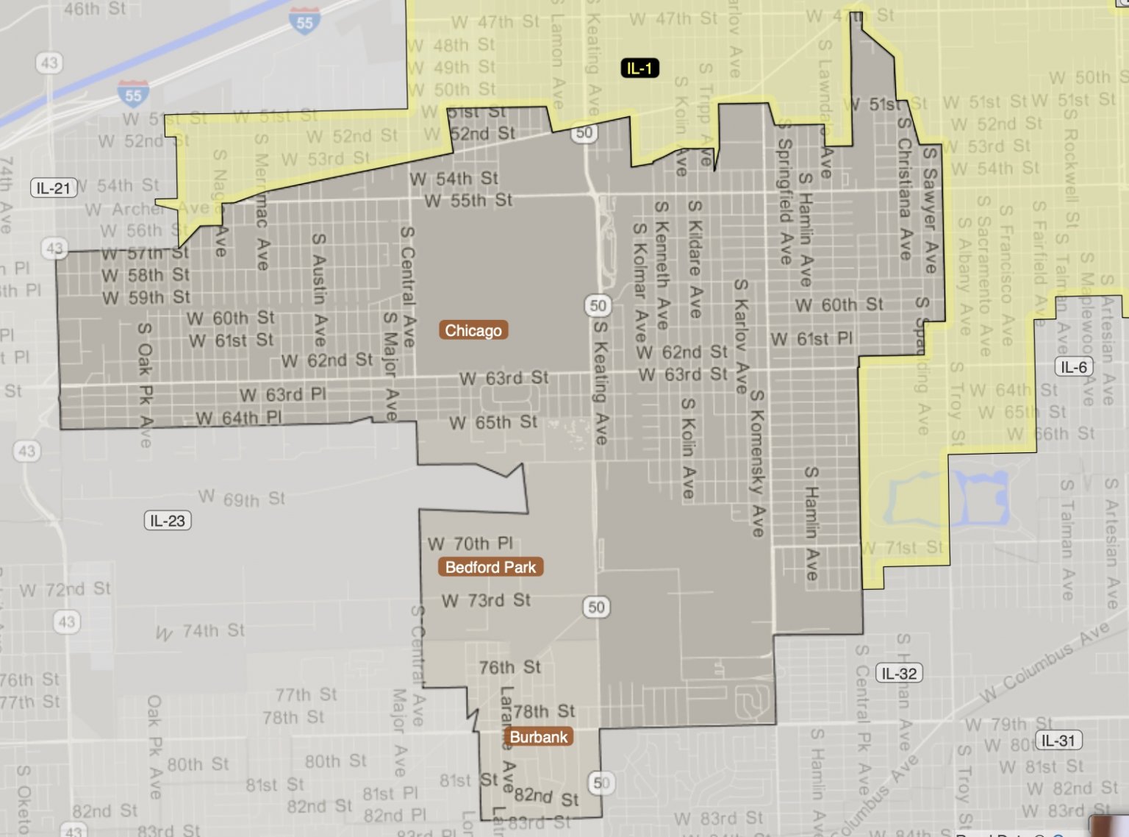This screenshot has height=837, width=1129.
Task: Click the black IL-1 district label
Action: pyautogui.click(x=639, y=68)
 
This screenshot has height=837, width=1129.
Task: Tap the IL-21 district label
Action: pyautogui.click(x=54, y=188)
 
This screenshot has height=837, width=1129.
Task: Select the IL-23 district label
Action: pyautogui.click(x=168, y=521)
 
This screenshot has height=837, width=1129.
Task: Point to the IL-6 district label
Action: pyautogui.click(x=1074, y=367)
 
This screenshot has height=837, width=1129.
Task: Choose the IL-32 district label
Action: pyautogui.click(x=899, y=673)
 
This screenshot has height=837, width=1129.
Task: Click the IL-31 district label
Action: pyautogui.click(x=1058, y=740)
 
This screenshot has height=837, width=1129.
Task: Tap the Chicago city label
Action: pyautogui.click(x=473, y=330)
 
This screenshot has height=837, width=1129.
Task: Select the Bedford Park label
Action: pyautogui.click(x=490, y=567)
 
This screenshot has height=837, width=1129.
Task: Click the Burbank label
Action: pyautogui.click(x=539, y=737)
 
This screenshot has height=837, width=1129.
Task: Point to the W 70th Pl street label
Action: pyautogui.click(x=470, y=544)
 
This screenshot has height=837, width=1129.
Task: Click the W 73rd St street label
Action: pyautogui.click(x=486, y=600)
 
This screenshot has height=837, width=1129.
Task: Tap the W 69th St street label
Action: pyautogui.click(x=241, y=499)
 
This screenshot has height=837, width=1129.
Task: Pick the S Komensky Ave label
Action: pyautogui.click(x=757, y=463)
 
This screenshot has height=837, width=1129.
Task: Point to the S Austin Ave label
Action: pyautogui.click(x=318, y=289)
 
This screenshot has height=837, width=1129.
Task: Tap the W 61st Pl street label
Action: pyautogui.click(x=811, y=339)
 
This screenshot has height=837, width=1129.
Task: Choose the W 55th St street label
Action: pyautogui.click(x=468, y=200)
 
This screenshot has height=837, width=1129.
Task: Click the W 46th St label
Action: pyautogui.click(x=94, y=9)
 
